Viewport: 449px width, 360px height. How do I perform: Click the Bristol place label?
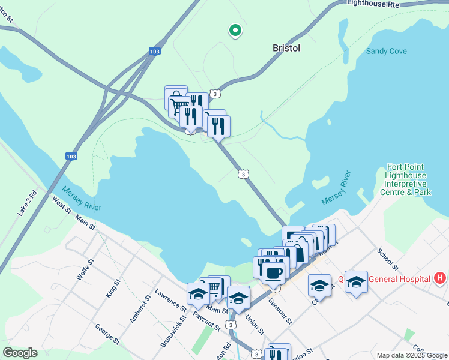286,48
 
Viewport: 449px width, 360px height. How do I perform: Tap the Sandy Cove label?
387,51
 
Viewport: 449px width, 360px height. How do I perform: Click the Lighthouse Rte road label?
373,4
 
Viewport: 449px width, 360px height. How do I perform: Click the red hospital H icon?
440,278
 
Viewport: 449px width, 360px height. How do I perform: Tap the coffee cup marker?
274,274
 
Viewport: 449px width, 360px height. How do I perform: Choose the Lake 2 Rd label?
28,203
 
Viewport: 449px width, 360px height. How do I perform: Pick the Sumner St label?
280,311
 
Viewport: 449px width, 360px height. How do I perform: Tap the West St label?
61,206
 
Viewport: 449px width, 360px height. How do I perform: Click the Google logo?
20,353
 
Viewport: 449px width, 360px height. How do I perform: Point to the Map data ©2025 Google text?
411,355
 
